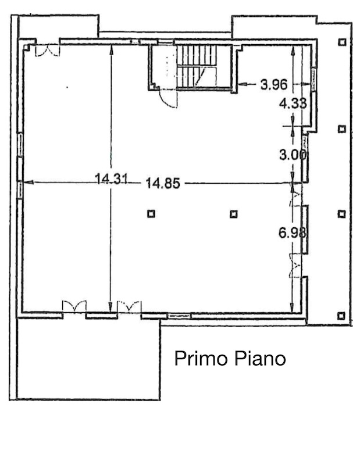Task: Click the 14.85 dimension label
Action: click(163, 183)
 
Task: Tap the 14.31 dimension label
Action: click(112, 179)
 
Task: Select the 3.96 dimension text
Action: click(274, 84)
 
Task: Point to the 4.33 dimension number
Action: click(293, 103)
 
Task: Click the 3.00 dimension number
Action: click(293, 155)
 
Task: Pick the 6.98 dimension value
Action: click(293, 233)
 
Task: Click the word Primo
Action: click(201, 359)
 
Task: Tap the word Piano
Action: click(261, 358)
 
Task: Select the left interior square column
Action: click(151, 213)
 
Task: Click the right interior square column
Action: click(234, 214)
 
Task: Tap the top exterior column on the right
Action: click(342, 42)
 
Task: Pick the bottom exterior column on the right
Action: click(341, 316)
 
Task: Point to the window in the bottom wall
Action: click(179, 316)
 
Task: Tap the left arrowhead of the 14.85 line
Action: click(28, 182)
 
